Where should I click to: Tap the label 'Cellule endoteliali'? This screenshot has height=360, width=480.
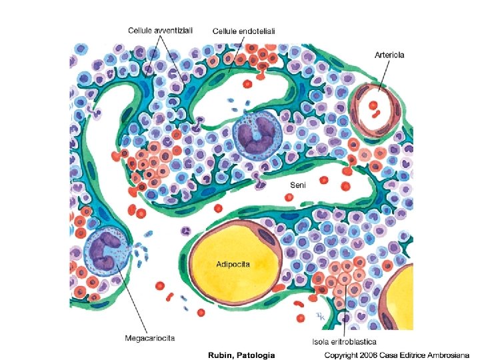tap(244, 31)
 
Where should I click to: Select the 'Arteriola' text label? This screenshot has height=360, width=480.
tap(390, 55)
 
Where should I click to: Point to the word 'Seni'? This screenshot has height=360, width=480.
tap(298, 185)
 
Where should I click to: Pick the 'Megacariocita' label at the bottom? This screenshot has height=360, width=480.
tap(150, 338)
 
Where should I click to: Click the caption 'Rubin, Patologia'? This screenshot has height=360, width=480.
tap(239, 354)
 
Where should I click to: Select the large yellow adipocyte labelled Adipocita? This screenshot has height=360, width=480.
tap(232, 257)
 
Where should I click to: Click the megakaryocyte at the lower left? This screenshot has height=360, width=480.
tap(104, 249)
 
